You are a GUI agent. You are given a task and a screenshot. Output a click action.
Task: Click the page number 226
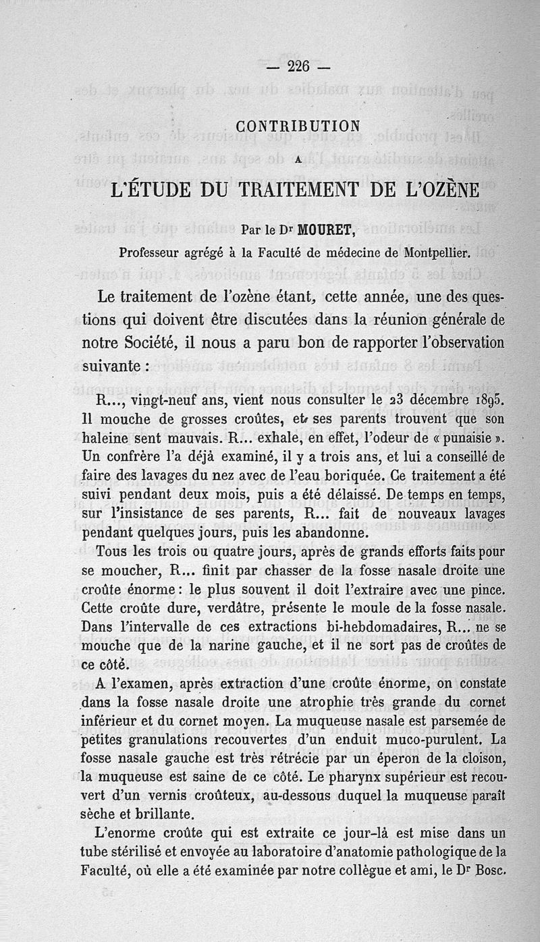click(298, 66)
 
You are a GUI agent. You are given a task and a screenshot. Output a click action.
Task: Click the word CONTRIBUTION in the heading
click(298, 126)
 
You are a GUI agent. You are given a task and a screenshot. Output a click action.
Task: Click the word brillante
click(156, 813)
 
